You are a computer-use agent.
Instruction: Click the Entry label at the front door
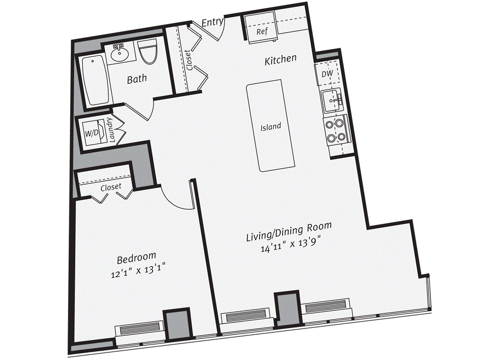coord(212,22)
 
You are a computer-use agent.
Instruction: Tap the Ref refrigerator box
coord(262,31)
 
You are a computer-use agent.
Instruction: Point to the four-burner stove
coord(336,131)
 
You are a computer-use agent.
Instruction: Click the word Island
coord(271,127)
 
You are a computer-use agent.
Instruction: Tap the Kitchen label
coord(280,60)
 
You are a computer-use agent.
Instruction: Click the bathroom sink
coord(120,54)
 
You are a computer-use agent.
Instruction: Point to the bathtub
coord(95,81)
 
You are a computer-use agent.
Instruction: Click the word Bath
coord(136,79)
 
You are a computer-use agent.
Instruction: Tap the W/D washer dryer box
coord(92,132)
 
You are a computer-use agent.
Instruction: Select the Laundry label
coord(110,129)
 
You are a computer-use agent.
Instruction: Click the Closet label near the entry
coord(188,60)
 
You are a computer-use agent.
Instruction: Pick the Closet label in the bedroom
coord(111,187)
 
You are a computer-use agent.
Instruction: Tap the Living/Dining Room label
coord(289,232)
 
